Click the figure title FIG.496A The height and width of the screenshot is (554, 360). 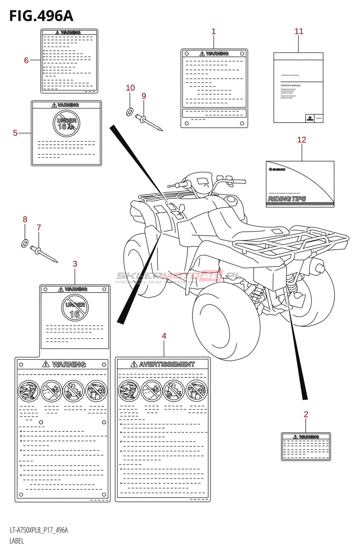(41, 16)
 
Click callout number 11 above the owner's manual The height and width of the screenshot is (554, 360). (299, 32)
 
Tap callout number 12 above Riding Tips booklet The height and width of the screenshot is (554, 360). (301, 140)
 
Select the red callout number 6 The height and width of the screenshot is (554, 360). (26, 61)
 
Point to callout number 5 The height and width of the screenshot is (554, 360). (15, 133)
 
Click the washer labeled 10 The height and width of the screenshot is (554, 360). (130, 112)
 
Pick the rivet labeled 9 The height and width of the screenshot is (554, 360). (149, 123)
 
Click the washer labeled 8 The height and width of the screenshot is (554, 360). (25, 244)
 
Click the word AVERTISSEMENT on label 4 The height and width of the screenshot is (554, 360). (167, 365)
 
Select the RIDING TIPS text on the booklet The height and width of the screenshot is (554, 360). (287, 199)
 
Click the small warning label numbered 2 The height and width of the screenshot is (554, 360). (306, 447)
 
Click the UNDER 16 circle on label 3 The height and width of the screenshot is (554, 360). (75, 308)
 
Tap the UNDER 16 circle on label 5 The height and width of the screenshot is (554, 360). (66, 124)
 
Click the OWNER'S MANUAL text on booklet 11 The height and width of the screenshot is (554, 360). (290, 86)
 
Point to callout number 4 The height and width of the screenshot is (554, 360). (164, 336)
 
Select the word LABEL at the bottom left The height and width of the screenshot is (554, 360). (17, 541)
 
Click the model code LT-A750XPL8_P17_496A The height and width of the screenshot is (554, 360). (39, 530)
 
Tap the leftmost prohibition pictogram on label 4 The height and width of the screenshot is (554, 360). (128, 391)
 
